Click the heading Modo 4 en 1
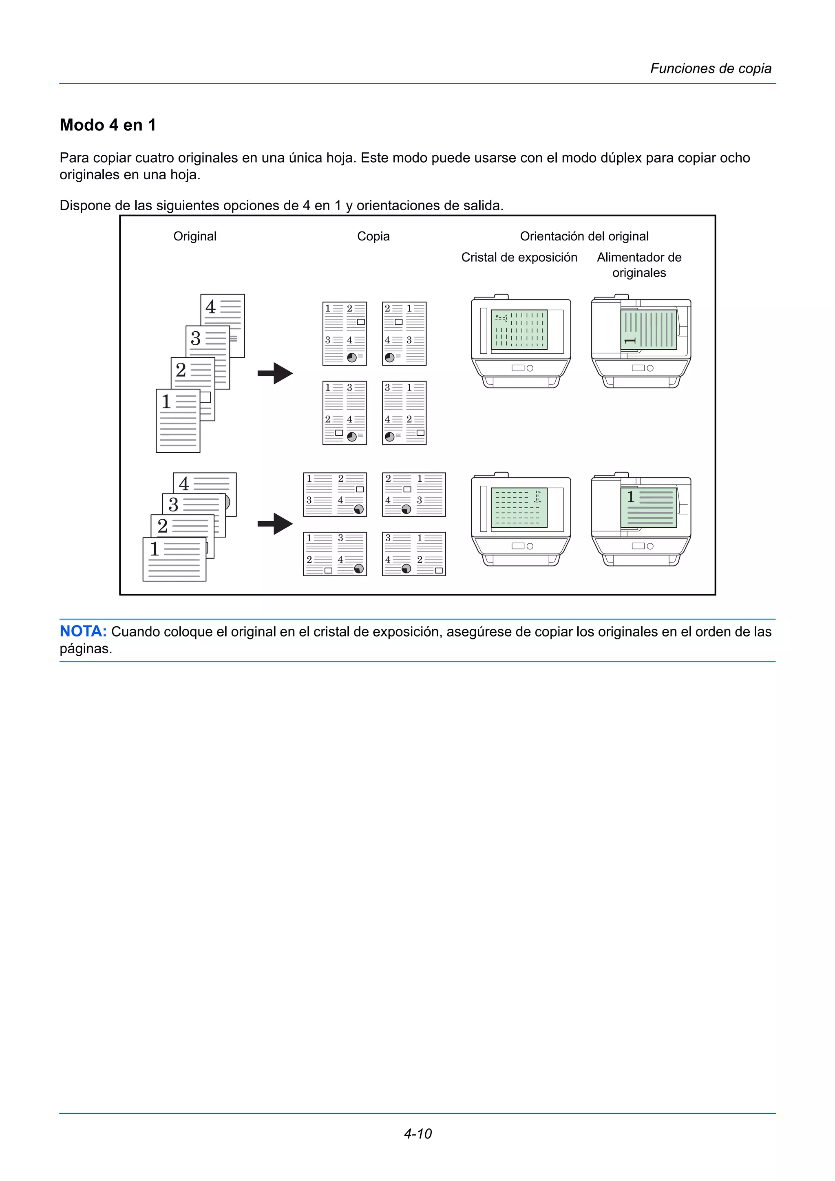coord(108,125)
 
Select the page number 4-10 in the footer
coord(417,1133)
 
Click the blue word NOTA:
coord(83,631)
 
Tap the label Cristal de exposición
coord(519,257)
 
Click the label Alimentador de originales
coord(639,265)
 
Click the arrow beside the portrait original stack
coord(275,373)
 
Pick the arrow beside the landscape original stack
coord(275,524)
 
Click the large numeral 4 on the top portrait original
coord(210,307)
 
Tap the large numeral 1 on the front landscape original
coord(155,549)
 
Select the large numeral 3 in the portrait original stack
coord(196,339)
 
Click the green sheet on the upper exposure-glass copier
coord(519,330)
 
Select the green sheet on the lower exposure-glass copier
coord(519,508)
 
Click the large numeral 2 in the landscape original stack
coord(163,526)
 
